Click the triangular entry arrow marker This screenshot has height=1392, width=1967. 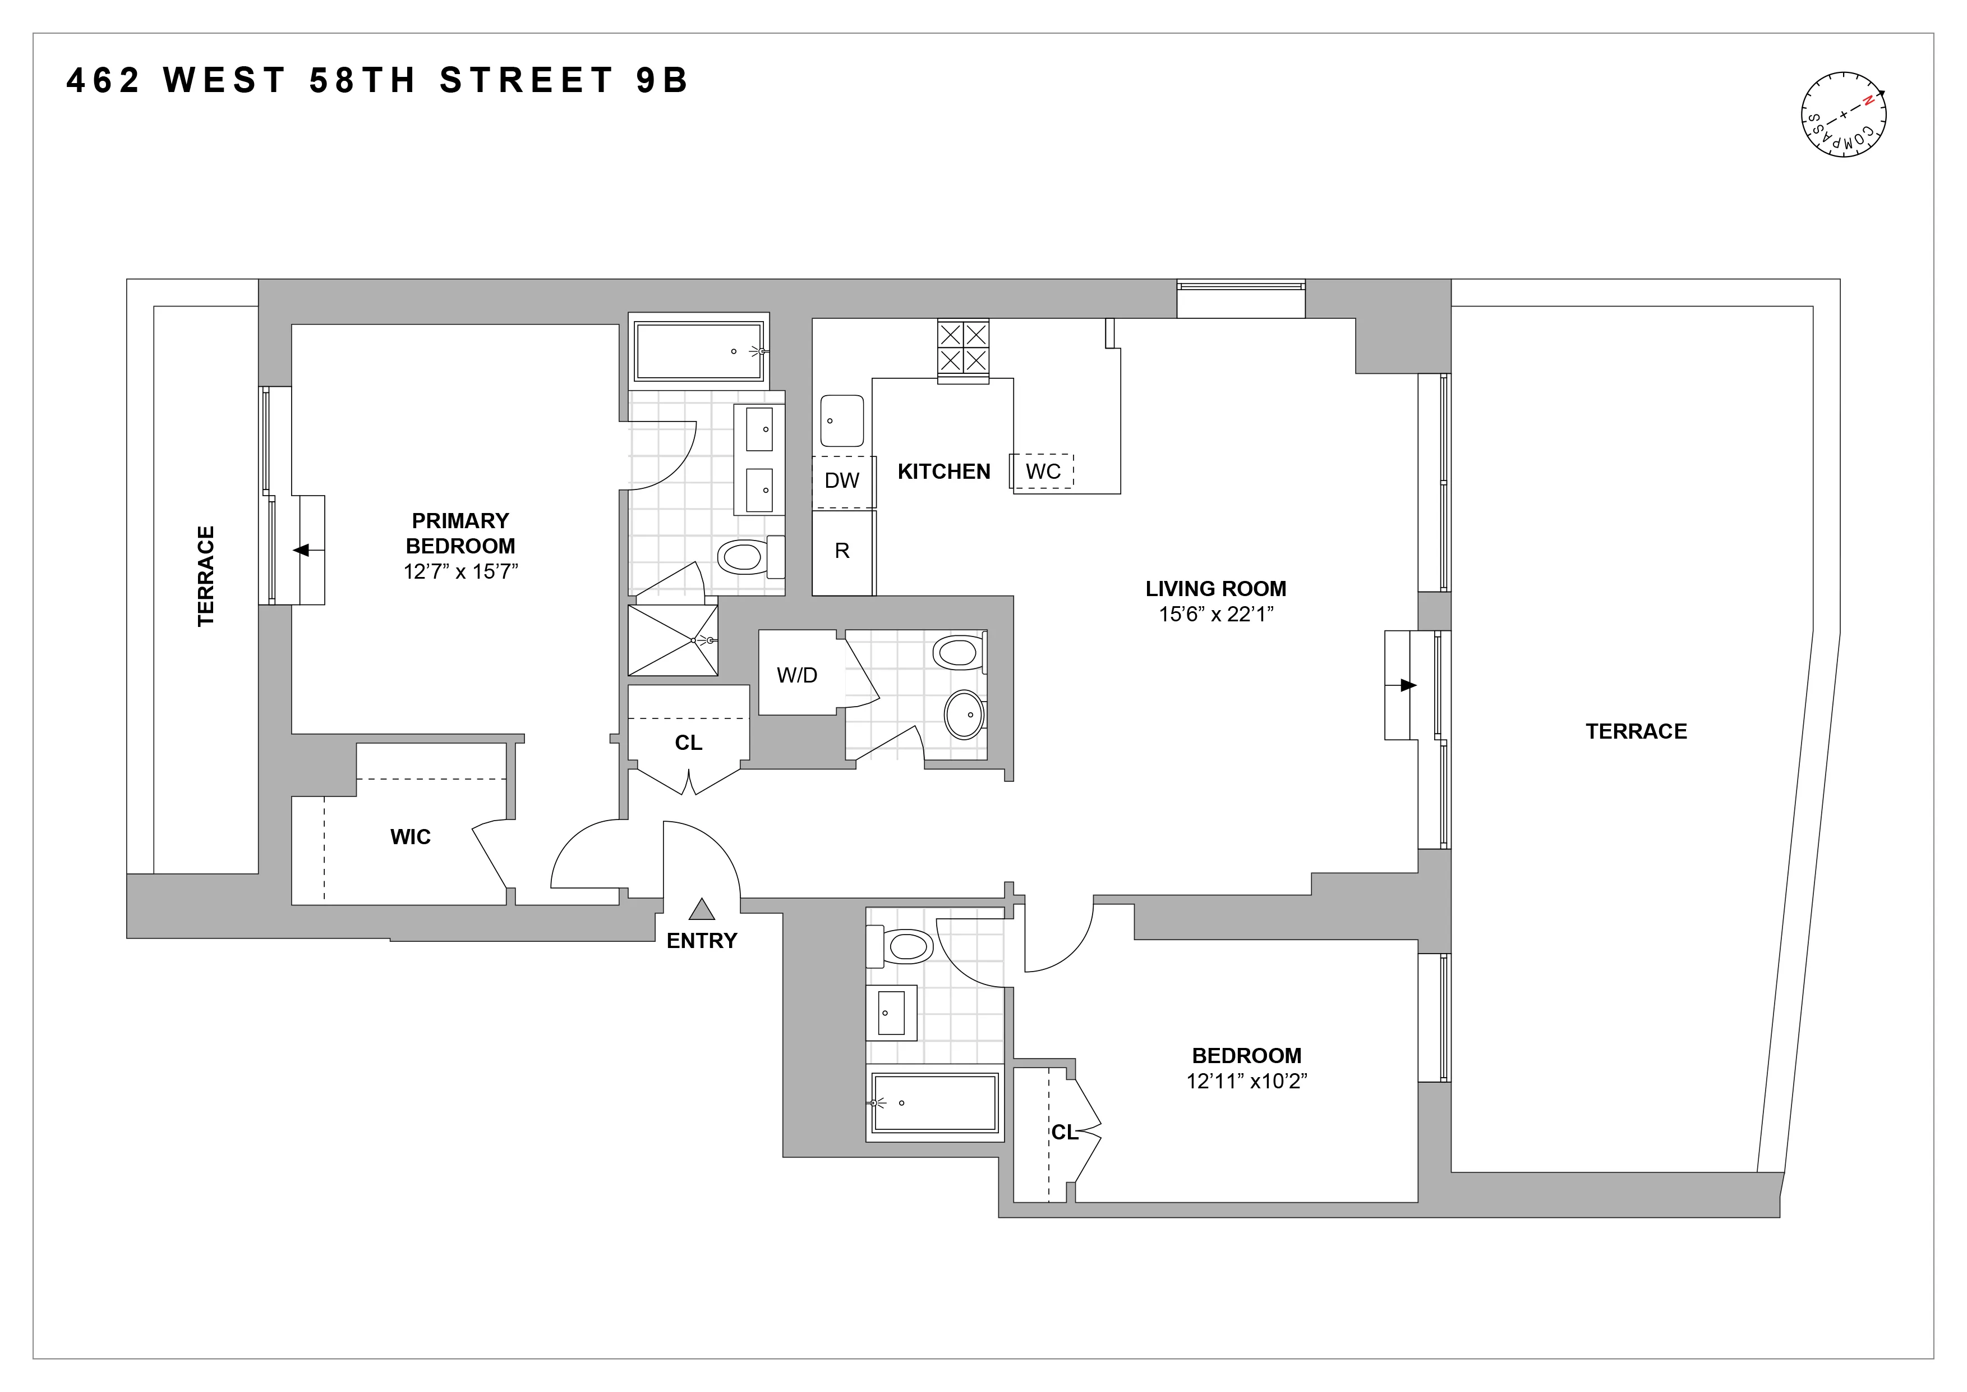pos(702,909)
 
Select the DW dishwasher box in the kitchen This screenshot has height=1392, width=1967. pos(842,480)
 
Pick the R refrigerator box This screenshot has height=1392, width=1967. pos(842,551)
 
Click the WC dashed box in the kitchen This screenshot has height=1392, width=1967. pos(1043,471)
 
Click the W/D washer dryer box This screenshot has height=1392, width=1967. pos(797,675)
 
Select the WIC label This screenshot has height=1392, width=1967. pos(411,836)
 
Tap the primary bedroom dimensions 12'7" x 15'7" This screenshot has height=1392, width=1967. pos(461,572)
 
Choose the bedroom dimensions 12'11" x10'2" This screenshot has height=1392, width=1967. pos(1246,1081)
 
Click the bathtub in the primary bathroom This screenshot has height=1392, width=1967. pos(698,351)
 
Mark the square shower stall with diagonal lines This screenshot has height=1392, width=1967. pos(672,640)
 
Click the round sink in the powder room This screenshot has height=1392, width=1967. pos(965,714)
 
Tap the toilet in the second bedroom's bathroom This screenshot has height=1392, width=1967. pos(906,946)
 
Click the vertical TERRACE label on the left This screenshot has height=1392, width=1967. pos(206,576)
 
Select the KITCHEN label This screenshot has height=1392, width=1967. pos(943,471)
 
